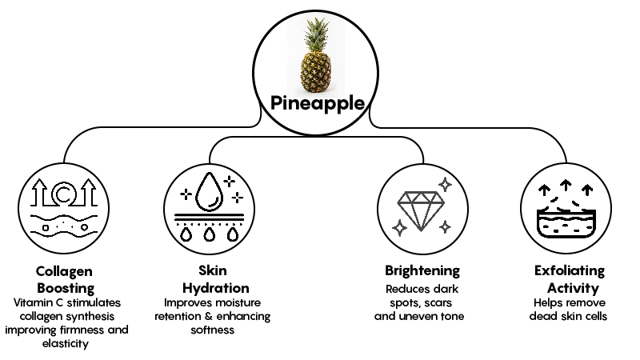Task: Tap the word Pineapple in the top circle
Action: click(318, 104)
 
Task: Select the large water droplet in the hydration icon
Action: click(212, 190)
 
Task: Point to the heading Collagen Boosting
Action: click(66, 279)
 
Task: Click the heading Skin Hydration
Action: click(212, 279)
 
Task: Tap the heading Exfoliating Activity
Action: click(570, 279)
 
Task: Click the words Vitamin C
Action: click(38, 303)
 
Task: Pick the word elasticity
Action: click(66, 344)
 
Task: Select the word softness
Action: click(212, 330)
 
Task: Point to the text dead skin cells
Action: click(570, 316)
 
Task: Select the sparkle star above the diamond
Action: click(446, 183)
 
